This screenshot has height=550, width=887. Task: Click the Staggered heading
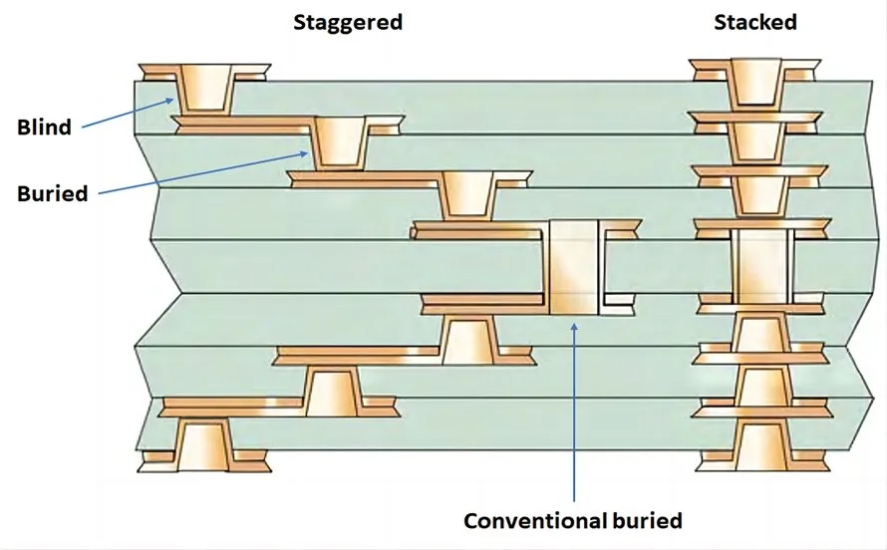pos(347,22)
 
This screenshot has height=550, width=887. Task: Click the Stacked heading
pos(754,22)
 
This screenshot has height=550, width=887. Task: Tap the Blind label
pos(44,128)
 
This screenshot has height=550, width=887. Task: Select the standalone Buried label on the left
pos(52,193)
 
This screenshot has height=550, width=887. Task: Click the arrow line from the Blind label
pos(130,113)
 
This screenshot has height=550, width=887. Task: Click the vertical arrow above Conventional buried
pos(575,409)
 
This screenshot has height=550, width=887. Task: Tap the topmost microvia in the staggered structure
pos(206,88)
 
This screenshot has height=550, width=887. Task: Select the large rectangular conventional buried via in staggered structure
pos(574,267)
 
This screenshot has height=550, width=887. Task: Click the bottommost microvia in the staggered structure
pos(203,444)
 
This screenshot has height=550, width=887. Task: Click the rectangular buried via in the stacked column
pos(760,267)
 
